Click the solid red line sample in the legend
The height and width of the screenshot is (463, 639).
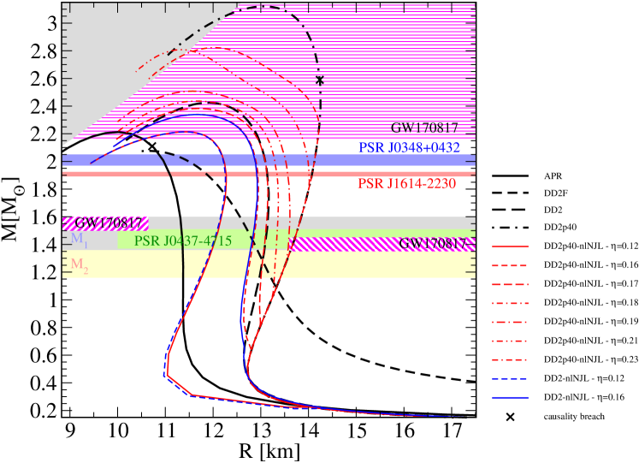click(510, 246)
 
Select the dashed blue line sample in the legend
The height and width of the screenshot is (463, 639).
click(510, 378)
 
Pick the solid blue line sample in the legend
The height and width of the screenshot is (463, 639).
click(510, 397)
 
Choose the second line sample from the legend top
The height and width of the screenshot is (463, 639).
click(510, 265)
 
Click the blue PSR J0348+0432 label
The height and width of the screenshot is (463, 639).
click(409, 148)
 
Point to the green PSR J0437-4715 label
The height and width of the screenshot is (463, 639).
click(182, 241)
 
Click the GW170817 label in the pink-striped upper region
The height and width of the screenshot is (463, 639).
click(424, 128)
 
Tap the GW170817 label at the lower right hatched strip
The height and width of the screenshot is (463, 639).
click(433, 244)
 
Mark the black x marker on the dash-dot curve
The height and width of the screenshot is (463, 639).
click(320, 80)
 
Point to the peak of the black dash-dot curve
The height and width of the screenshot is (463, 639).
click(267, 7)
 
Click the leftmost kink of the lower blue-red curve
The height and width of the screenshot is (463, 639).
click(164, 374)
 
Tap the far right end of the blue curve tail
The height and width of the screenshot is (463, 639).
click(462, 416)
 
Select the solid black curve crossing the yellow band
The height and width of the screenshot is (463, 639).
click(182, 265)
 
